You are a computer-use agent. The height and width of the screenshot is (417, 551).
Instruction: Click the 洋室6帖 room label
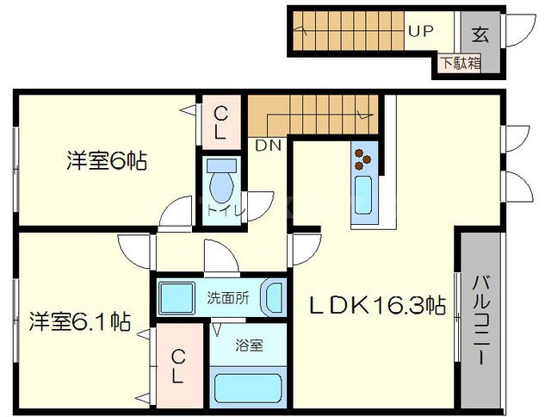pos(106,160)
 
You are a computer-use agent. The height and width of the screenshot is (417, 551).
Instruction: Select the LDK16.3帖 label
pos(377,305)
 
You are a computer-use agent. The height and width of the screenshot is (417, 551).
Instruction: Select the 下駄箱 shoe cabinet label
pos(461,62)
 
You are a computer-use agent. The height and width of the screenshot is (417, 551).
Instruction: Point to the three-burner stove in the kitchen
pos(362,159)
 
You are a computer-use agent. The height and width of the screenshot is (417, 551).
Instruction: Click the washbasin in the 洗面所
pos(272,298)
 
